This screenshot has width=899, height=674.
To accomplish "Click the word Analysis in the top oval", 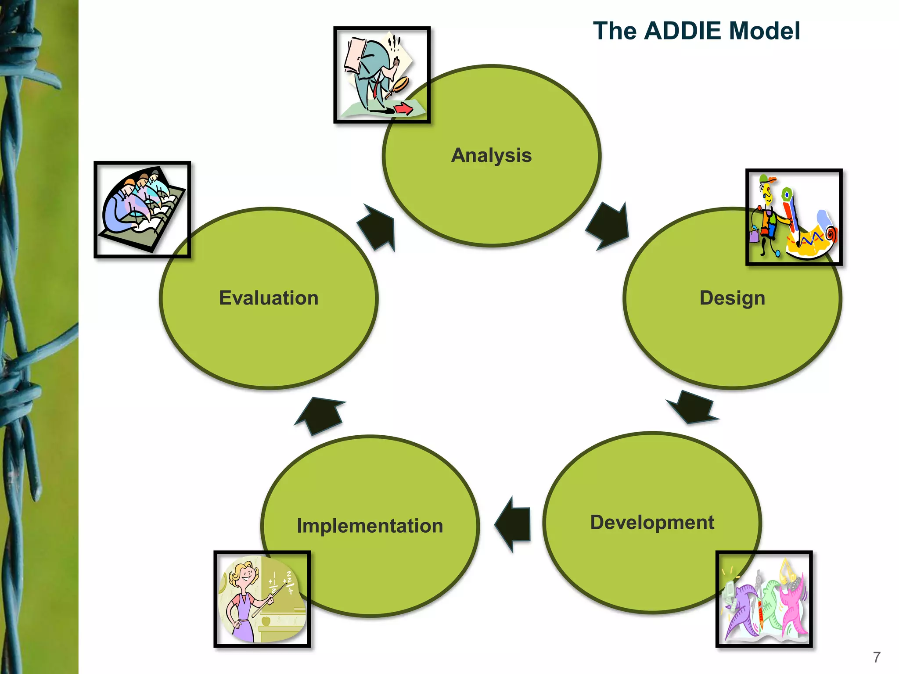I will point(491,155).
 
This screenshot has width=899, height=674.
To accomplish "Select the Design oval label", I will point(732,298).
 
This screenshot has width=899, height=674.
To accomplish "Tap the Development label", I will point(652,522).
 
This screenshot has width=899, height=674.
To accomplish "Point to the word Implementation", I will point(370,526).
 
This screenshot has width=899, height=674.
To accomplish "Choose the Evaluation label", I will point(269,298).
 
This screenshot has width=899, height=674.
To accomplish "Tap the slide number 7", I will point(877,657).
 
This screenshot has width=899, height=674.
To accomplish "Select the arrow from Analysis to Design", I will point(608,226).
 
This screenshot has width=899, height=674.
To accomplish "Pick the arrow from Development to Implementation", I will point(514,524).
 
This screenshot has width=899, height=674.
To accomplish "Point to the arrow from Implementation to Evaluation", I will point(320,415).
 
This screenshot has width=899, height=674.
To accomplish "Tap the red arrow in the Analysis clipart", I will point(403,108).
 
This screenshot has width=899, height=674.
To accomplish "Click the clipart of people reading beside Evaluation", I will point(142,209).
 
